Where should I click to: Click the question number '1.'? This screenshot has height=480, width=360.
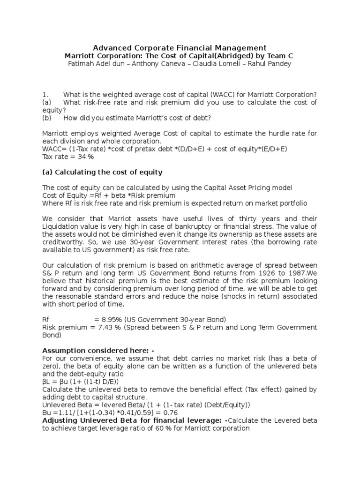[45, 94]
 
